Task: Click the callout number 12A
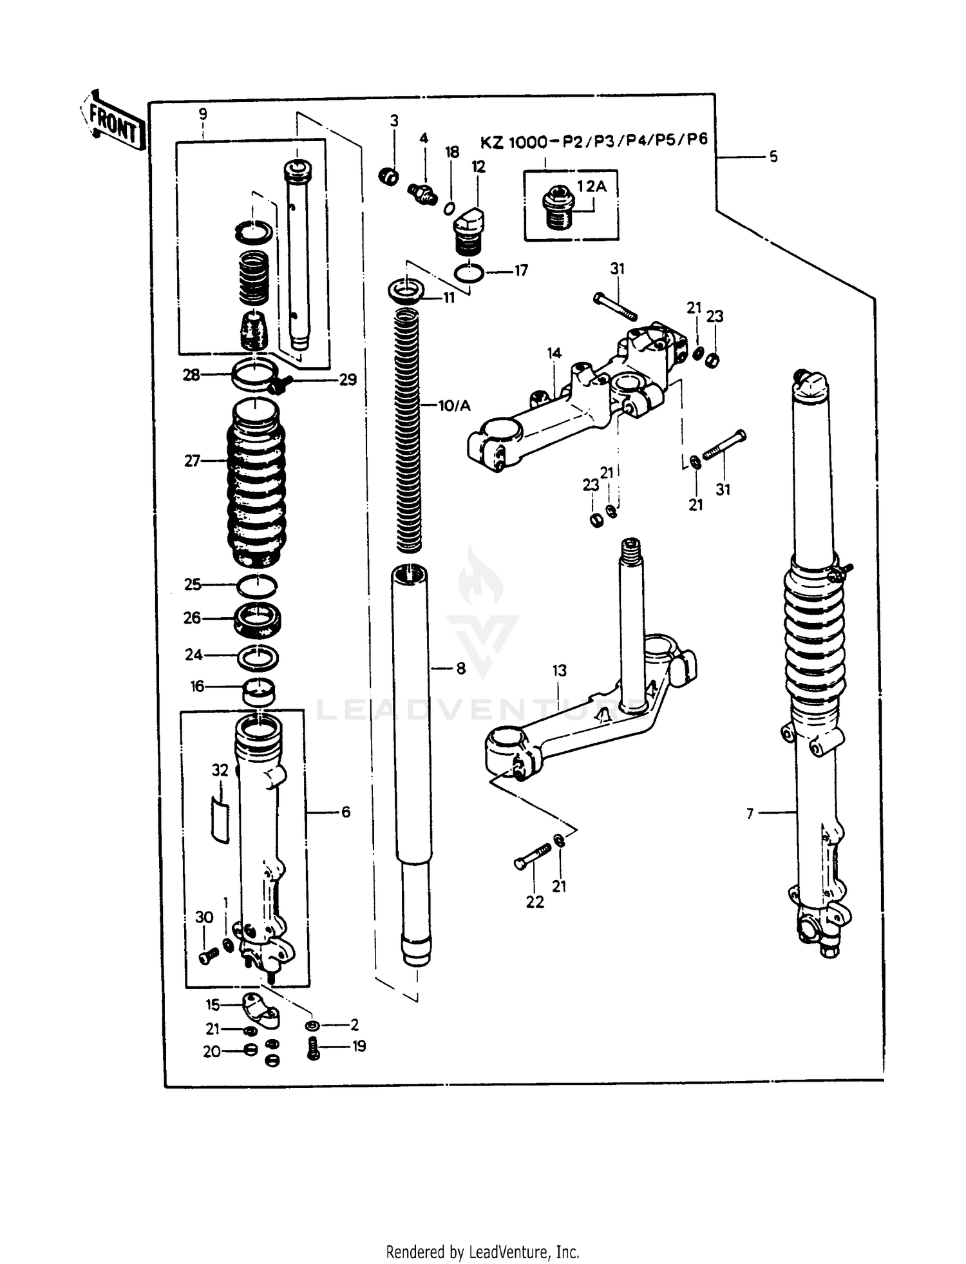tap(591, 187)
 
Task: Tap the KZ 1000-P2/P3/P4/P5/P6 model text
tap(593, 141)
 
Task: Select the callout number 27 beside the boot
tap(192, 461)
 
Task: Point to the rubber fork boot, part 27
tap(256, 483)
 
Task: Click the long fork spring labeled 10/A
tap(407, 432)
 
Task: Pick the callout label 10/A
tap(455, 406)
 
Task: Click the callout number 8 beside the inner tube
tap(460, 669)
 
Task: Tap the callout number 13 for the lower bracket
tap(560, 670)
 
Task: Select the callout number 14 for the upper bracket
tap(554, 353)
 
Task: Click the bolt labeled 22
tap(533, 856)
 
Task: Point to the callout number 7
tap(750, 814)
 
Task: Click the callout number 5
tap(773, 157)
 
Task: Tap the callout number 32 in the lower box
tap(220, 770)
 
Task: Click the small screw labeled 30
tap(206, 957)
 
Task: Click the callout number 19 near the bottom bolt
tap(359, 1046)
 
